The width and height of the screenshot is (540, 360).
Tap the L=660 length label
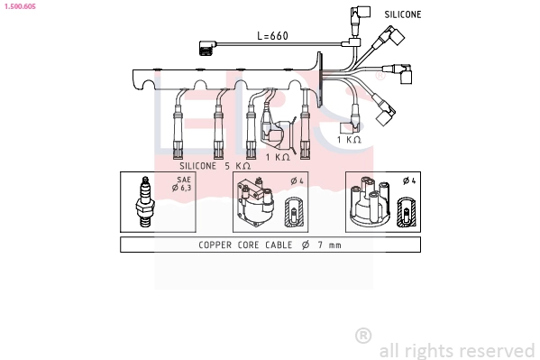(x=272, y=36)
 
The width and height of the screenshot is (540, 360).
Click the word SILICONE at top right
(x=403, y=14)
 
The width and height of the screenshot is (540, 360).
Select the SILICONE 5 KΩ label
(x=215, y=166)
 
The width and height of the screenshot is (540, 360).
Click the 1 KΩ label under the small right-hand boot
(x=349, y=140)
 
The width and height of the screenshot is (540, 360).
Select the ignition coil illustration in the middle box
(x=254, y=206)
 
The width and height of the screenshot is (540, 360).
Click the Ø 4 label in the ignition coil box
(x=295, y=181)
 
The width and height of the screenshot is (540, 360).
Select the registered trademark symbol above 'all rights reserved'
(x=363, y=336)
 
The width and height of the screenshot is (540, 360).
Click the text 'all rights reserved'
(x=457, y=351)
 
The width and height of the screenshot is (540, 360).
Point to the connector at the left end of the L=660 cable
(x=207, y=49)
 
